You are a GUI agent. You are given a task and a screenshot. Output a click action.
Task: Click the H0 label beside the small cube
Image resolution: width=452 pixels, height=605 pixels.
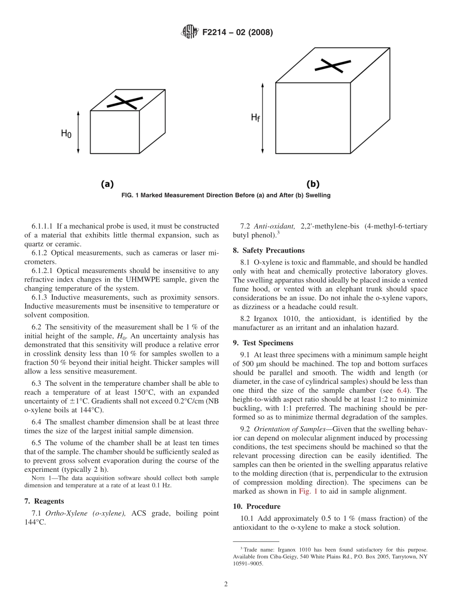[x=66, y=134]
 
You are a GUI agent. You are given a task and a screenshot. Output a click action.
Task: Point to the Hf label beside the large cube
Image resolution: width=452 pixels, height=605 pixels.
[x=255, y=117]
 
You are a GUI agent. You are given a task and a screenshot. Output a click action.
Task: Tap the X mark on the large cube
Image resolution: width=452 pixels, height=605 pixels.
[x=329, y=66]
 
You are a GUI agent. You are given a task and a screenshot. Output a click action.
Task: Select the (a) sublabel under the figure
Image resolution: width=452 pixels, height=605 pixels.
[x=107, y=184]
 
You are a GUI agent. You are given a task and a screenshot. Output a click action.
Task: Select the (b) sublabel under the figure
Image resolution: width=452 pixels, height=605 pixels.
[x=313, y=184]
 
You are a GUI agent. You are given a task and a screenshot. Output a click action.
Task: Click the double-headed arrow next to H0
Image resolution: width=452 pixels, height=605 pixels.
[x=79, y=132]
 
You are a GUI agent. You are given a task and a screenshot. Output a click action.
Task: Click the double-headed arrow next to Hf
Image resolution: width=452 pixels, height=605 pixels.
[x=262, y=117]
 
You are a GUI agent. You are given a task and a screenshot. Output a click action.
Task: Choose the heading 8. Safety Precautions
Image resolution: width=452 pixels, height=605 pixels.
[x=269, y=250]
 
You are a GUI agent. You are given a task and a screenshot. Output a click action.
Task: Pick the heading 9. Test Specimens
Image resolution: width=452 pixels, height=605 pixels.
[x=263, y=343]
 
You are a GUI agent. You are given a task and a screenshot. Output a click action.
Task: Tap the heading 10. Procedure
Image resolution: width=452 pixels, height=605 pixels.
[x=256, y=507]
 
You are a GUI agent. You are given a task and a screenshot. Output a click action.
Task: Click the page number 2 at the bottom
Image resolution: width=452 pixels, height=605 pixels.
[x=226, y=584]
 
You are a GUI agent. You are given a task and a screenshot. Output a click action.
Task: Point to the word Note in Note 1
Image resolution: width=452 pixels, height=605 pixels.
[x=38, y=478]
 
